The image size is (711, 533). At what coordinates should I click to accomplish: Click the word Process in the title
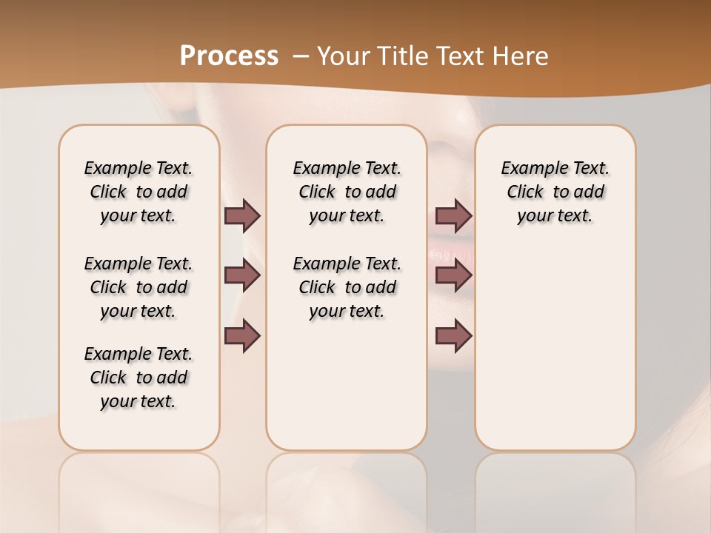click(229, 56)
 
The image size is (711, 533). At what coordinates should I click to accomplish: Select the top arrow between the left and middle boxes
click(242, 215)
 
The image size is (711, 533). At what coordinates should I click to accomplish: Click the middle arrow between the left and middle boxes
click(242, 275)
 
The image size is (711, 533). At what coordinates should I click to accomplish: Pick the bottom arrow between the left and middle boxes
click(242, 336)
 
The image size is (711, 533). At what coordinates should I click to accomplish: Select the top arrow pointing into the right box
click(453, 215)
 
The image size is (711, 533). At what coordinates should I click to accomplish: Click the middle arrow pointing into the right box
click(453, 275)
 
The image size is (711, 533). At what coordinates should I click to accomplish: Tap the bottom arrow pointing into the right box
click(453, 336)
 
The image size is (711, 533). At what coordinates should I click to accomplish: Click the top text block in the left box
click(138, 192)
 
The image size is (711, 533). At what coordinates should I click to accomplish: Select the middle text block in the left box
click(138, 287)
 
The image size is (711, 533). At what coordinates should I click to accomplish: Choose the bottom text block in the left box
click(138, 378)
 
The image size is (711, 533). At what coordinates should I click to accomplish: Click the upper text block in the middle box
click(347, 192)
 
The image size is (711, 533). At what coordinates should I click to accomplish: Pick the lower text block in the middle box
click(347, 287)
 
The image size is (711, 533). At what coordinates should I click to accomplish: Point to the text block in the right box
click(555, 192)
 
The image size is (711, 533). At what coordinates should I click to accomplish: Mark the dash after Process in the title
click(300, 56)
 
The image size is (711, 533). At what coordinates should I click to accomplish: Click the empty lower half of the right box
click(555, 355)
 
